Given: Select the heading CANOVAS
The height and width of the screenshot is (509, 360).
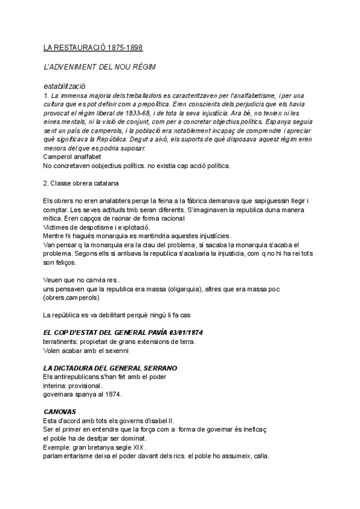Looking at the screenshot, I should [60, 412].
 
